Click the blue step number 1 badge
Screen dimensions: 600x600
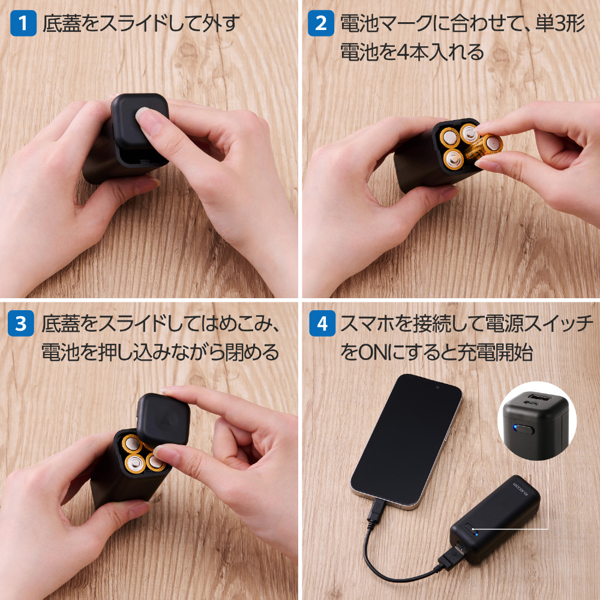23,23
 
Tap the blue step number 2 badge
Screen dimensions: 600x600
320,23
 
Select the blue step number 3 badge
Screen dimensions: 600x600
20,323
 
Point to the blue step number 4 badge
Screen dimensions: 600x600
322,323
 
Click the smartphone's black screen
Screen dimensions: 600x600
406,440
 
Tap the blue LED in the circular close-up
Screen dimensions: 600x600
515,427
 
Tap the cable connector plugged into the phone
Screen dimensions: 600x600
376,510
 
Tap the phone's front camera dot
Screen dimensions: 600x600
437,387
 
